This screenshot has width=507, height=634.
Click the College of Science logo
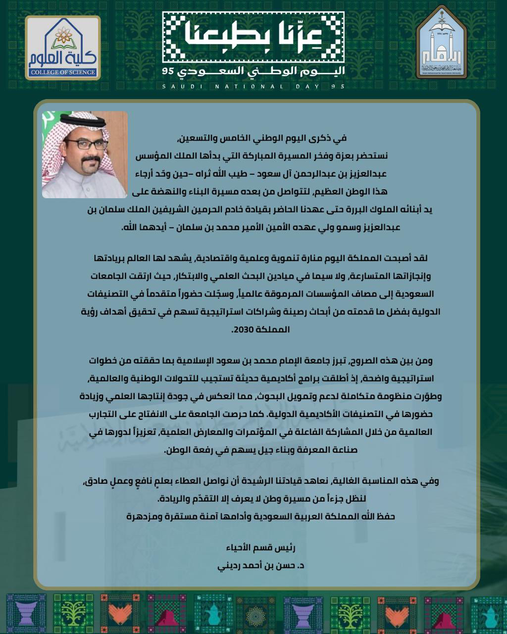point(63,48)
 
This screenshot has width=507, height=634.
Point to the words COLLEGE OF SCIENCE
point(63,72)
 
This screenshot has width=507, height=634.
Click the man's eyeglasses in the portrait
point(87,145)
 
